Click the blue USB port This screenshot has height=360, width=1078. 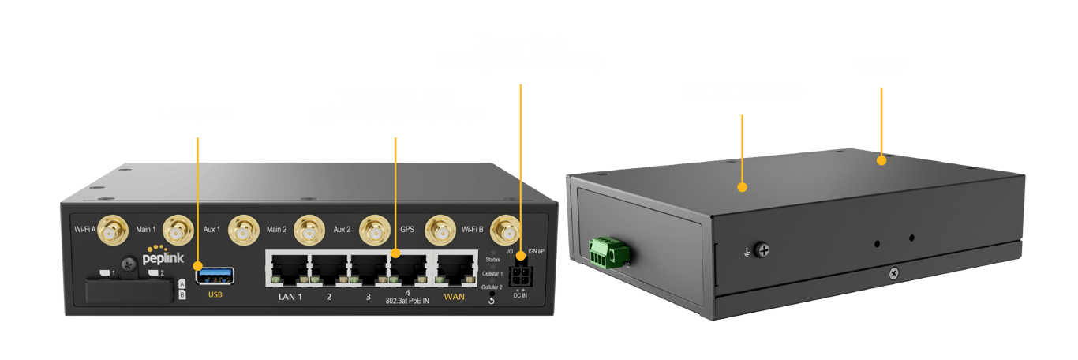[x=215, y=275]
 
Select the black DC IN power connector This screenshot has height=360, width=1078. [x=520, y=276]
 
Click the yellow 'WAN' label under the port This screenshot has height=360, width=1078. [x=455, y=297]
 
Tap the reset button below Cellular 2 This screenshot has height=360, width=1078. [x=492, y=300]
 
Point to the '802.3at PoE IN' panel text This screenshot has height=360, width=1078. [x=408, y=302]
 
